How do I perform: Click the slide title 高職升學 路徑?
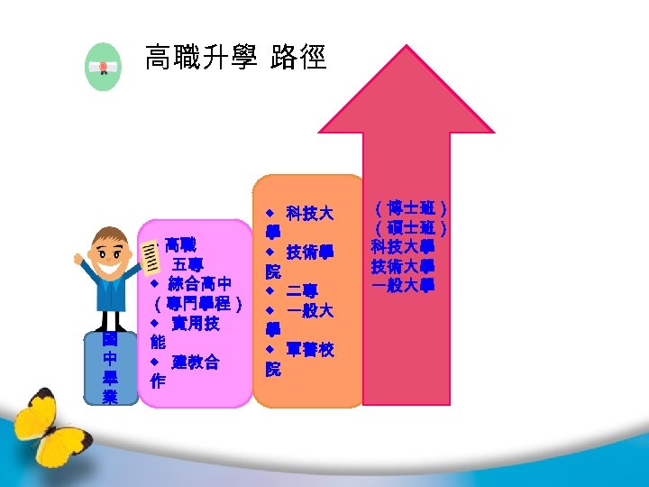235,60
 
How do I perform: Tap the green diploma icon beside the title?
102,67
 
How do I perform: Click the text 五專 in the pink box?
187,264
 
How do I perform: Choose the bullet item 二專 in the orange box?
302,290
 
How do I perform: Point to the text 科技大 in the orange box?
309,214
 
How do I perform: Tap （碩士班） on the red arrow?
410,228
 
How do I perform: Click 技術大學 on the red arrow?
403,266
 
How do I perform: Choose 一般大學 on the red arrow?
403,285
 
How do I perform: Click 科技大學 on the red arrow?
403,247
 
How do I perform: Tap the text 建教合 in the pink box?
195,363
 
